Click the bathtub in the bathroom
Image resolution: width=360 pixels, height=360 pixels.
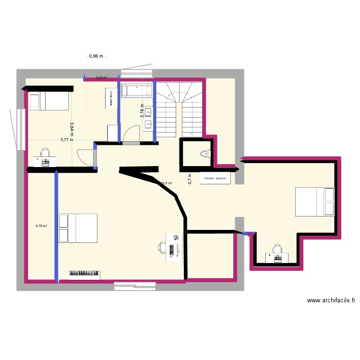click(x=137, y=90)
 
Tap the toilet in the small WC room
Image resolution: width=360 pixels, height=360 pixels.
click(x=205, y=154)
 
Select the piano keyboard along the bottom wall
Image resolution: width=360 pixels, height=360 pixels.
click(x=85, y=274)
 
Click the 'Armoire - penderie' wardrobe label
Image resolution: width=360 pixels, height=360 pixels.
click(x=215, y=179)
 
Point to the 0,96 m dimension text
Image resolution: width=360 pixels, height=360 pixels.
click(x=96, y=56)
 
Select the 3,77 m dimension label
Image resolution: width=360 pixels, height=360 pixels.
click(x=67, y=140)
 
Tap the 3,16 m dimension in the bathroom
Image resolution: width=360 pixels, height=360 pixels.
click(x=142, y=111)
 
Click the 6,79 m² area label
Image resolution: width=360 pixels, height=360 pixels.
click(x=41, y=226)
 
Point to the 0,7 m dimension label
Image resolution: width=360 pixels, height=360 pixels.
click(x=190, y=179)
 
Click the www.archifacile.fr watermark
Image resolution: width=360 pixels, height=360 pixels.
click(x=331, y=301)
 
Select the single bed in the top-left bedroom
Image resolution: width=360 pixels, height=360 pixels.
click(x=48, y=101)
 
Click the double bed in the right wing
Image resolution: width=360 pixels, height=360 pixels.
click(x=314, y=202)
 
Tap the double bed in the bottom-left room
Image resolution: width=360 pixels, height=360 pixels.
click(x=78, y=228)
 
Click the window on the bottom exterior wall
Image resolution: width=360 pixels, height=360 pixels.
click(x=135, y=286)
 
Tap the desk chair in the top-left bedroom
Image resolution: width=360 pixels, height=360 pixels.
click(x=45, y=153)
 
